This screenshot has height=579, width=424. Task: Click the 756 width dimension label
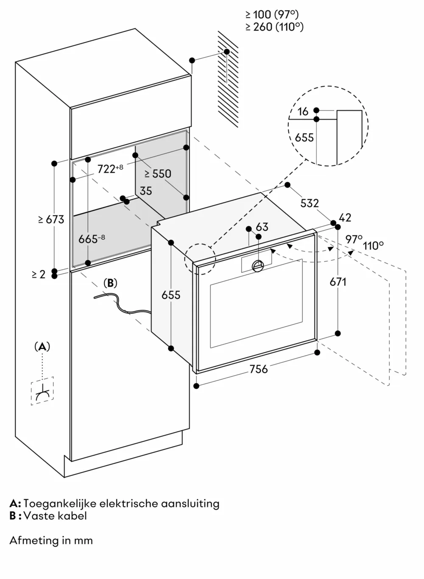[258, 369]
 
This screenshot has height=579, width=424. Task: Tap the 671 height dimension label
[338, 281]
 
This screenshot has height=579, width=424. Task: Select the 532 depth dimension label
[310, 203]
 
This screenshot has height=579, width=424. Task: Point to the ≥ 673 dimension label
[51, 219]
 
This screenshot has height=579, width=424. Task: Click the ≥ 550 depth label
[157, 173]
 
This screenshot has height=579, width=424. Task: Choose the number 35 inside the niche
[145, 191]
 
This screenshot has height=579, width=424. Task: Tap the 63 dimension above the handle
[262, 227]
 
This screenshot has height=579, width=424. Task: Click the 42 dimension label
[346, 217]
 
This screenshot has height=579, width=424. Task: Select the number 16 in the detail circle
[303, 111]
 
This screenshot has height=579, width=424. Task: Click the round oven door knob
[258, 265]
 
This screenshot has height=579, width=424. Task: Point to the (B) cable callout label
[110, 283]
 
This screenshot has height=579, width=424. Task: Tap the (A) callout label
[42, 347]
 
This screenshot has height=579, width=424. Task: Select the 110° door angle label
[373, 245]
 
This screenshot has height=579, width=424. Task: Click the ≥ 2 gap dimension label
[38, 275]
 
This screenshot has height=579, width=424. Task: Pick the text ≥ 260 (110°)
[274, 27]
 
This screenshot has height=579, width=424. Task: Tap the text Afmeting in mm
[51, 540]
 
